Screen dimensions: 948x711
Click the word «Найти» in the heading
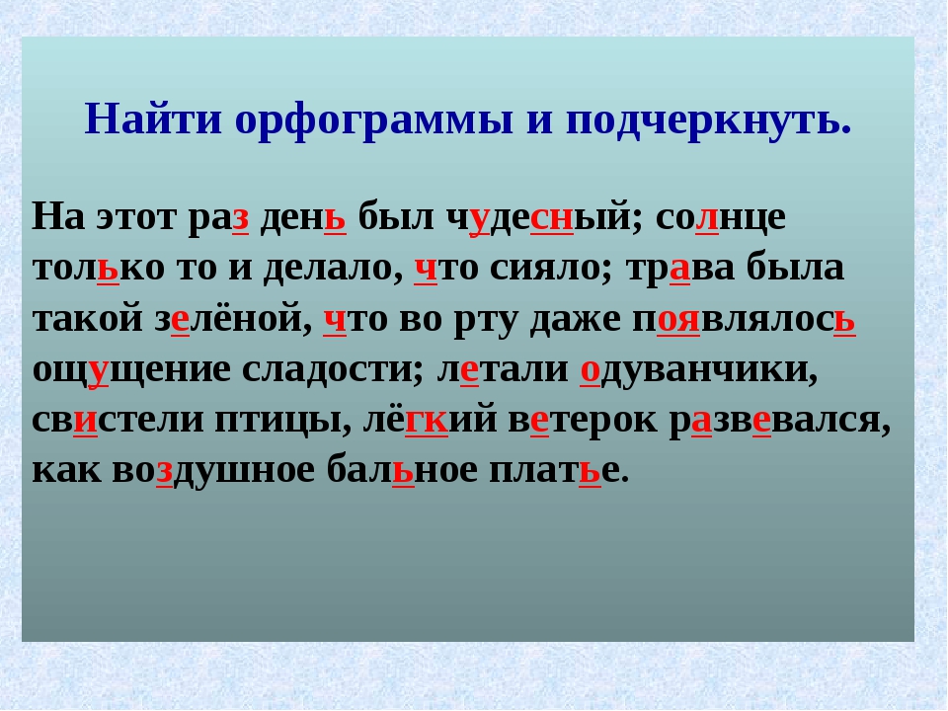click(154, 118)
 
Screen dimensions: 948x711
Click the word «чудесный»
click(538, 217)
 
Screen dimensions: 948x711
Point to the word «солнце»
click(721, 217)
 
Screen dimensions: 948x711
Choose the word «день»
click(303, 217)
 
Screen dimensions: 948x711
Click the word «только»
click(98, 269)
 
